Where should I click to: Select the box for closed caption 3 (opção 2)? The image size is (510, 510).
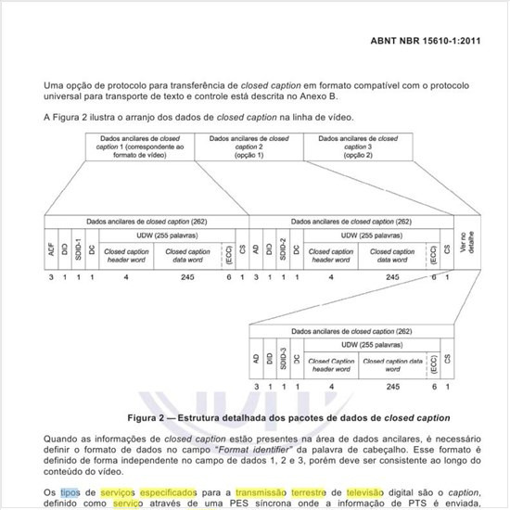pyautogui.click(x=357, y=146)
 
